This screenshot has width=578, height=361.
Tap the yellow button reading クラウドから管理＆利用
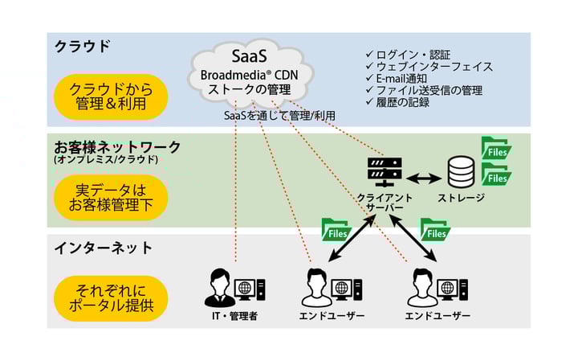[110, 96]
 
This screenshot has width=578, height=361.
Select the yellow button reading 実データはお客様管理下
[110, 197]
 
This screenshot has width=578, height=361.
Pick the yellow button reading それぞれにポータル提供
[110, 297]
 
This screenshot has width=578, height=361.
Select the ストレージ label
[461, 198]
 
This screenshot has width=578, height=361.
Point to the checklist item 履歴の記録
[402, 102]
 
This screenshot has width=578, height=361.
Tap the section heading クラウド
[83, 46]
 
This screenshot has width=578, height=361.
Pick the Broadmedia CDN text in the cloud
[254, 73]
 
